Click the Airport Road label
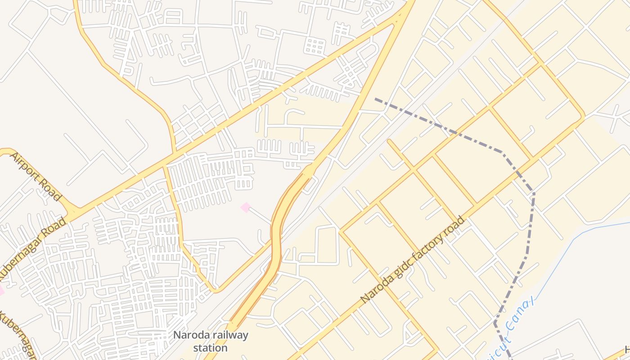pos(35,176)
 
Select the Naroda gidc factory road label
pos(413,260)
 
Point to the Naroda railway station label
pos(211,341)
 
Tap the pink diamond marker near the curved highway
pos(245,207)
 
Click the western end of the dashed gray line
pos(376,99)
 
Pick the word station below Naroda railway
pos(211,348)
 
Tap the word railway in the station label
pos(230,335)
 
